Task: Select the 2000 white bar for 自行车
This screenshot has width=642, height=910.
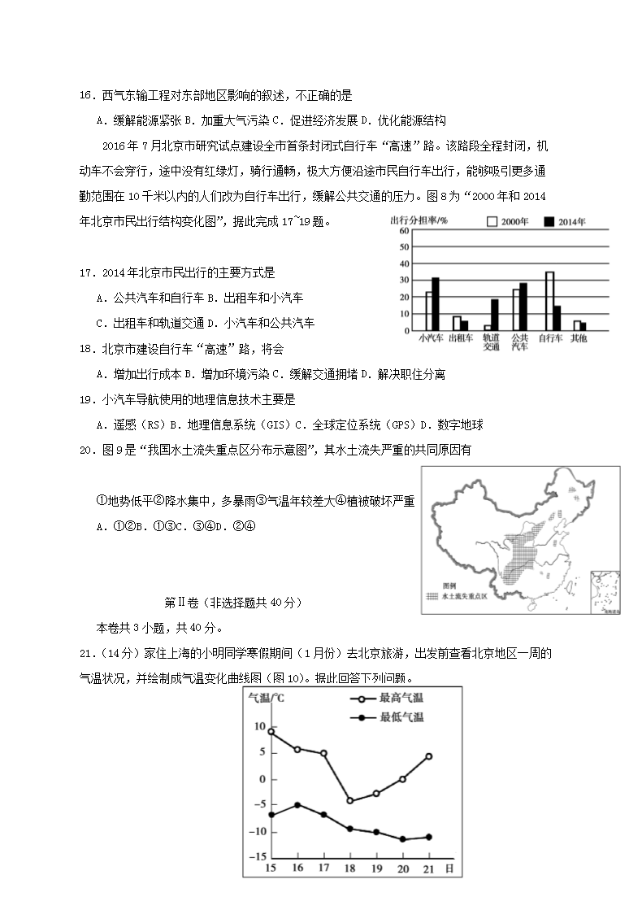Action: pyautogui.click(x=549, y=301)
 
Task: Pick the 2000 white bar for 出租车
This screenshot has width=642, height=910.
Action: pyautogui.click(x=457, y=323)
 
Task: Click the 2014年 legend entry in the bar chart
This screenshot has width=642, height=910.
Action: pyautogui.click(x=564, y=221)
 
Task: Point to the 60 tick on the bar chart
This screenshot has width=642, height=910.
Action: pyautogui.click(x=404, y=231)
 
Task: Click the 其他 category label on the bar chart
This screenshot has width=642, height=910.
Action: pyautogui.click(x=578, y=337)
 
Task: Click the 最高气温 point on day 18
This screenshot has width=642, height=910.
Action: pyautogui.click(x=350, y=801)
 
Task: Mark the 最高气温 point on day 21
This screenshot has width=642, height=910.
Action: pyautogui.click(x=428, y=756)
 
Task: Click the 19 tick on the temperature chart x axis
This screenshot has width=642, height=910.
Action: pyautogui.click(x=375, y=869)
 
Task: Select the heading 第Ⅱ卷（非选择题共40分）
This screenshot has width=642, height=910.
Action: pyautogui.click(x=233, y=603)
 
